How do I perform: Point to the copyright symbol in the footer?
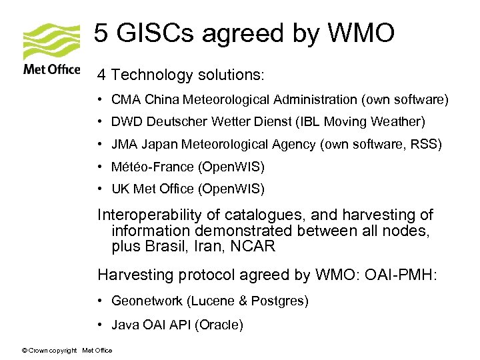point(25,351)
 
